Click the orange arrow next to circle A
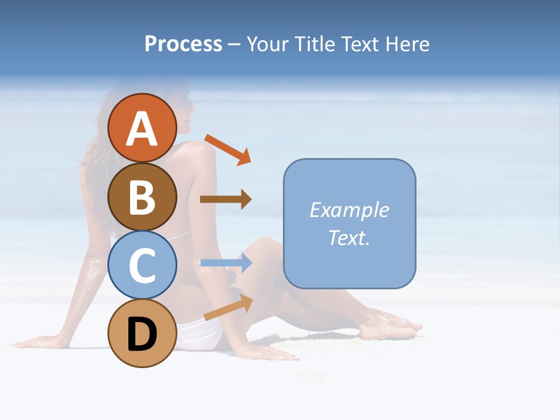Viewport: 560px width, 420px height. (x=228, y=149)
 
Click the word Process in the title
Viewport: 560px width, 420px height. (x=183, y=44)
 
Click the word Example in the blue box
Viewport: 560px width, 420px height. (x=349, y=210)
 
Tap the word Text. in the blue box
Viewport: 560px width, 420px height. (x=349, y=237)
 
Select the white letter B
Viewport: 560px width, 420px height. (x=142, y=197)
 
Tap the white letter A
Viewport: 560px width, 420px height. (x=142, y=129)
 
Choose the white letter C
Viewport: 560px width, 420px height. (x=142, y=265)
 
